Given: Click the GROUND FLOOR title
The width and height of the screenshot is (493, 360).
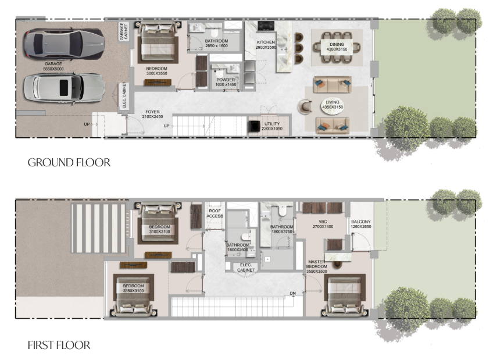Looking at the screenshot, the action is point(69,162).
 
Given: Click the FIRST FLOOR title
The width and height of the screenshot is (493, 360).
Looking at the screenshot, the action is point(59,345).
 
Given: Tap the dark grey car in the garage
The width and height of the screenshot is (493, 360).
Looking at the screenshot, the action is point(64,44).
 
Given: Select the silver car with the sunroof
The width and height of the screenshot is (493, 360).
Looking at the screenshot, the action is point(64,88).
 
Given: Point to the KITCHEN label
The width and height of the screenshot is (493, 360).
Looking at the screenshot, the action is point(266,42).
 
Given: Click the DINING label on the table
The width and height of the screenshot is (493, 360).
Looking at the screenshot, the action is point(337,44).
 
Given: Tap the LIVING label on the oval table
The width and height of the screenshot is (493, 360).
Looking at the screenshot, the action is point(333,102).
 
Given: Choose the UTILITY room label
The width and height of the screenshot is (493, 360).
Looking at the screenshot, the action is point(272,124).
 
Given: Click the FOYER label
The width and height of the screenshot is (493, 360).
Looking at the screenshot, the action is point(152,112).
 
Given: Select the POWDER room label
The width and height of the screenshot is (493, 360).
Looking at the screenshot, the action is point(226,80).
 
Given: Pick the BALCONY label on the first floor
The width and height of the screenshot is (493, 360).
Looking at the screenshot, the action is point(361,222).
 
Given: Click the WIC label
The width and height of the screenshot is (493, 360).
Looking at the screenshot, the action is point(323,222).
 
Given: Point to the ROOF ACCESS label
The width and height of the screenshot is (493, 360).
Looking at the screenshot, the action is point(215,213).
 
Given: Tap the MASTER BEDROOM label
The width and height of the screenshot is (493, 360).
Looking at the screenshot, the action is point(317,264).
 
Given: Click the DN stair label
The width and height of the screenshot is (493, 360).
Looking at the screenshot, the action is point(293,293).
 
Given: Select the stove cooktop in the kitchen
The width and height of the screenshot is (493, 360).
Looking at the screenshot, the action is point(266,26).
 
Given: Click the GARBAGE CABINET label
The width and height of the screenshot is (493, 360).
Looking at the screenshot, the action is point(124,31).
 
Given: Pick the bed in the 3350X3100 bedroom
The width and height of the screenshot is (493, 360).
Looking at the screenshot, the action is point(133,295).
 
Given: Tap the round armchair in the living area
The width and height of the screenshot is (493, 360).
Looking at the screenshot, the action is point(305,106).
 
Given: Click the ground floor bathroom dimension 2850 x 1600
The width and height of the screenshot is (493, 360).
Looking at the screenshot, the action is point(216,46).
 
